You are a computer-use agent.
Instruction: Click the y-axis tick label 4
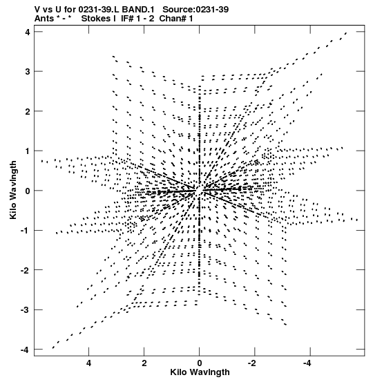click(28, 32)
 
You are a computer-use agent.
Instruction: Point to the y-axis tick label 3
click(28, 72)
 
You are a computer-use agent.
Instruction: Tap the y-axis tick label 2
click(28, 111)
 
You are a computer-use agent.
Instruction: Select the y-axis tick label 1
click(28, 151)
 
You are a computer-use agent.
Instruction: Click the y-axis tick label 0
click(28, 191)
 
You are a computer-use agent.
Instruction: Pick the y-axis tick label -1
click(26, 231)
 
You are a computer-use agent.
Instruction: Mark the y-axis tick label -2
click(26, 270)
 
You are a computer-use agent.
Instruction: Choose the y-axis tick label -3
click(26, 310)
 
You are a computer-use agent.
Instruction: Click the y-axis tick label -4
click(26, 350)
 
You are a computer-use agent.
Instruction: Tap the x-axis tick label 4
click(88, 363)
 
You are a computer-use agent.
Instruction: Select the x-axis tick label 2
click(144, 363)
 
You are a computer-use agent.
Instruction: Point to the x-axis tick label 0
click(200, 363)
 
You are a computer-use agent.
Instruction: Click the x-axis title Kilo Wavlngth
click(200, 372)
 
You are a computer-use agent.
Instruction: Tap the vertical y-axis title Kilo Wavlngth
click(13, 190)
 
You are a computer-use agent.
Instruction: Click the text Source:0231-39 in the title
click(195, 10)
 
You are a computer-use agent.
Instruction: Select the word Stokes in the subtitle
click(98, 19)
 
